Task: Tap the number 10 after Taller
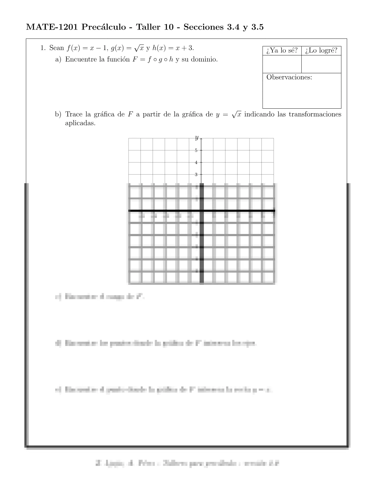169,27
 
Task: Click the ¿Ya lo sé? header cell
282,51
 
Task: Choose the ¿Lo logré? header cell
321,51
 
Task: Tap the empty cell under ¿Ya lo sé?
282,64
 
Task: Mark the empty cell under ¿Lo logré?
321,64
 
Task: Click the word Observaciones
289,77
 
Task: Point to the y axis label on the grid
197,138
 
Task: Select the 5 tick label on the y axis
196,150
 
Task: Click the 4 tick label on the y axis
196,162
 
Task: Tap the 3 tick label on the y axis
196,175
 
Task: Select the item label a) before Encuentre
58,59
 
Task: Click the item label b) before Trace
58,115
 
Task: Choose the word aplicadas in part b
80,124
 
